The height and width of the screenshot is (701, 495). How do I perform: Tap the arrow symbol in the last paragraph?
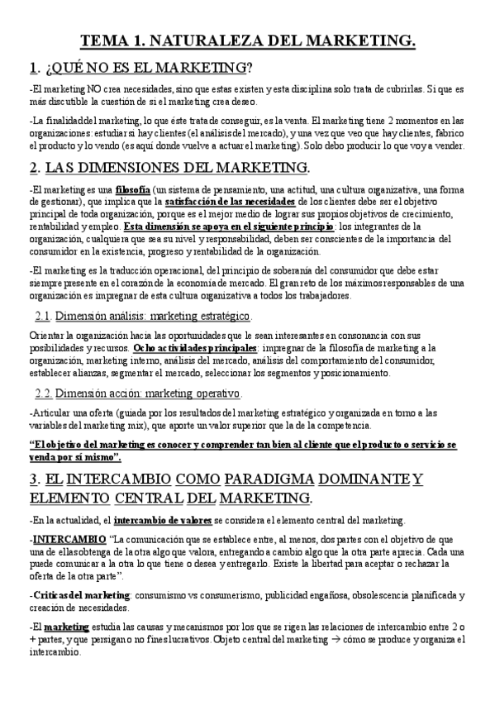click(325, 639)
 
